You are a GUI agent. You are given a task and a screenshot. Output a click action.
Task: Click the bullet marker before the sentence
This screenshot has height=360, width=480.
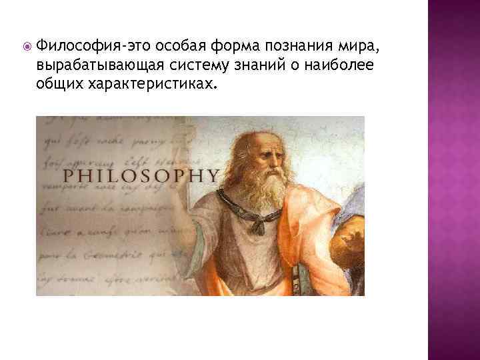point(26,47)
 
